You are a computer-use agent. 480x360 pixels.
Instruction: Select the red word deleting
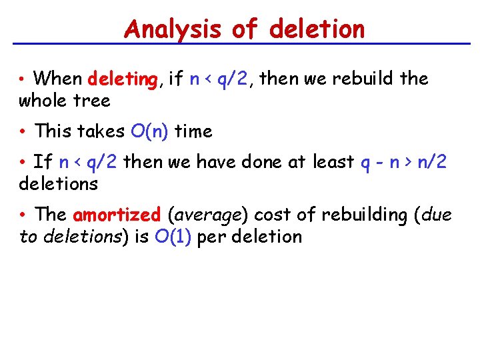(x=122, y=79)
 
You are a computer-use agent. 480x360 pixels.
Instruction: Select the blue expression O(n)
(x=150, y=131)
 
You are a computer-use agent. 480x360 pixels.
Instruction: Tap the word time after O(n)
(x=193, y=131)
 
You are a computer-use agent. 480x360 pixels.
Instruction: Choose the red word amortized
(x=117, y=215)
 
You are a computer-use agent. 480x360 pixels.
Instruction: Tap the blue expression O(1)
(x=175, y=237)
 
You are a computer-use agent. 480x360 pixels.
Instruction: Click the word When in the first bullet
(x=57, y=79)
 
